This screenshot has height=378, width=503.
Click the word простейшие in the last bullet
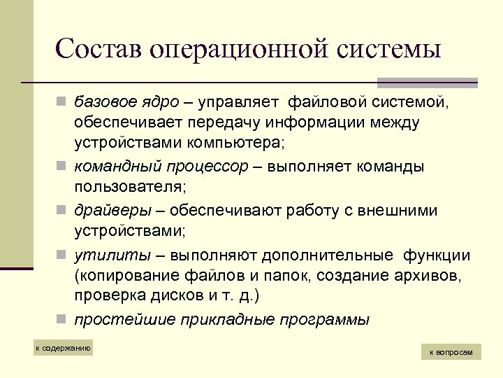115,320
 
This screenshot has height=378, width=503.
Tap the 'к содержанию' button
63,348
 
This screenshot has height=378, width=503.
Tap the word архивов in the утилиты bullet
427,275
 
